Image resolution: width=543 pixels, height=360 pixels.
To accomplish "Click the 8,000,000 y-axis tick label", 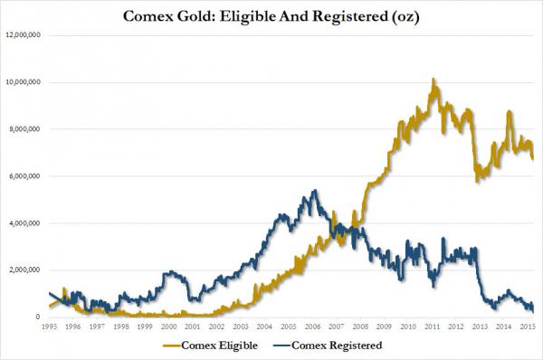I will pos(29,129).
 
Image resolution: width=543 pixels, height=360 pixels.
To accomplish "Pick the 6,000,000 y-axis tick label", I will pos(29,176).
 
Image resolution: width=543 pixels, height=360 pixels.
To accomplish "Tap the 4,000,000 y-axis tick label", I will pos(29,223).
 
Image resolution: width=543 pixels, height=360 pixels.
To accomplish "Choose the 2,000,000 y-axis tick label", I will pos(29,270).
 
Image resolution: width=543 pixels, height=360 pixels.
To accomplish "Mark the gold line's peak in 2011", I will pos(434,80).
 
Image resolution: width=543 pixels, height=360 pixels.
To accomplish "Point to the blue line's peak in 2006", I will pos(313,191).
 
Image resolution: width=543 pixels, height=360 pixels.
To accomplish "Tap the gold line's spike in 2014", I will pos(510,111).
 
